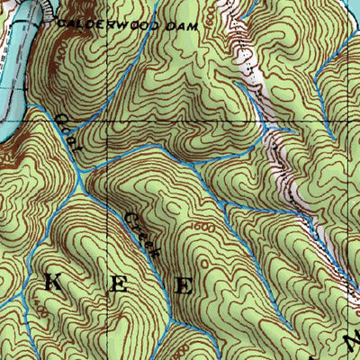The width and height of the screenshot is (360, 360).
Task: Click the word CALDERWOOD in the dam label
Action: point(99,25)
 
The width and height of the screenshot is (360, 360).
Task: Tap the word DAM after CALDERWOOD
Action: point(176,26)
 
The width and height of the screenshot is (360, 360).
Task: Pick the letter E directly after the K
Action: point(118,287)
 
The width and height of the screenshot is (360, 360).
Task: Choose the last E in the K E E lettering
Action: point(184,287)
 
